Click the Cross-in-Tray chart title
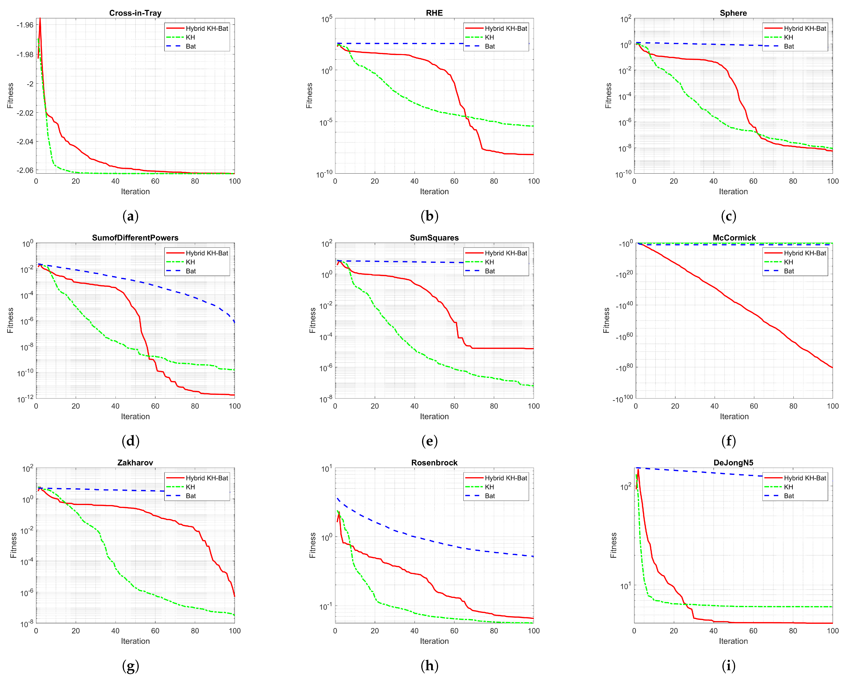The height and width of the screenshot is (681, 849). pyautogui.click(x=135, y=13)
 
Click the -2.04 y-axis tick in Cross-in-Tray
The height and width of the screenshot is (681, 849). pyautogui.click(x=25, y=141)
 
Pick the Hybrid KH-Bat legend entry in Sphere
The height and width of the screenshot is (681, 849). pyautogui.click(x=805, y=28)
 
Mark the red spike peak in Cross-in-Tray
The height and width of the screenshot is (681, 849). pyautogui.click(x=40, y=18)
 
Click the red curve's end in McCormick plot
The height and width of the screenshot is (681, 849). pyautogui.click(x=832, y=367)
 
